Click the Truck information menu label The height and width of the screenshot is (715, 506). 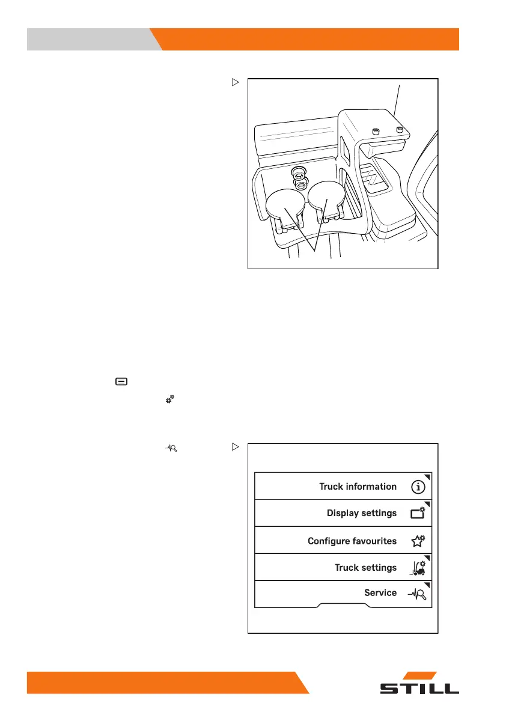358,486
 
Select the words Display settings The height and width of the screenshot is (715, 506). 361,513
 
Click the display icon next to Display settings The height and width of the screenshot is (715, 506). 418,514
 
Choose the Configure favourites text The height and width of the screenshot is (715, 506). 352,541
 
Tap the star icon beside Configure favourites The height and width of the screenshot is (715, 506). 418,541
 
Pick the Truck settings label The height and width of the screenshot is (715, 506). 365,567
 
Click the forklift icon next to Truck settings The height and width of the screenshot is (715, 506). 418,567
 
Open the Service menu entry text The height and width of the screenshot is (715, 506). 380,592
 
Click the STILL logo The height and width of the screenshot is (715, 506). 419,685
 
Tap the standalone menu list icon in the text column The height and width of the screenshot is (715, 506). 121,382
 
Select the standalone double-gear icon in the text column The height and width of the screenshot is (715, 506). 169,398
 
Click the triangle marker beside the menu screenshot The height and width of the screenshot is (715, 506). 236,447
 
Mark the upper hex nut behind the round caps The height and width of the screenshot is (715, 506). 297,173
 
